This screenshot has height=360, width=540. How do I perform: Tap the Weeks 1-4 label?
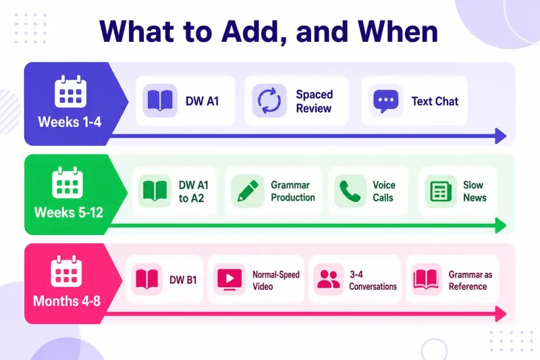click(x=70, y=122)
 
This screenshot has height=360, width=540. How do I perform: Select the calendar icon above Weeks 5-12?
click(x=67, y=182)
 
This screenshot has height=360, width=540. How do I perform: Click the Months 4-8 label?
click(x=67, y=301)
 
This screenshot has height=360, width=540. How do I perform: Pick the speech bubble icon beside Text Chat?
click(x=385, y=101)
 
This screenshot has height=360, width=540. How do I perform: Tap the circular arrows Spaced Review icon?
click(x=269, y=101)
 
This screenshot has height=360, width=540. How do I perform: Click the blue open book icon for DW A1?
click(x=160, y=100)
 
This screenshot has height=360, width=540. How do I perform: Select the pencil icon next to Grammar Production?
click(x=248, y=191)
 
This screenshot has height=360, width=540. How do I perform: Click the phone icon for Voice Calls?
click(x=350, y=191)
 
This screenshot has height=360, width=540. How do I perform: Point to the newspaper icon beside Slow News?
click(x=441, y=191)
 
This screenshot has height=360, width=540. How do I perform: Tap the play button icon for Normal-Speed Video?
click(x=230, y=279)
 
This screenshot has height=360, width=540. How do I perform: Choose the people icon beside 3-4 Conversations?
click(x=329, y=279)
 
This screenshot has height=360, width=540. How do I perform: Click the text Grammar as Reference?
click(x=470, y=280)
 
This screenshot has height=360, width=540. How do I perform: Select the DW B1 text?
click(x=183, y=280)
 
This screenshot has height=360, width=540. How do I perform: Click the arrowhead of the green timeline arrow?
click(x=500, y=226)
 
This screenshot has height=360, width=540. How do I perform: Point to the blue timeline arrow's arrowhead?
click(x=500, y=136)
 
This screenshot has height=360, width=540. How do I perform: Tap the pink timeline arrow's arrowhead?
click(x=500, y=314)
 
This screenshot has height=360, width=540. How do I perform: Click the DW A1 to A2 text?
click(x=194, y=192)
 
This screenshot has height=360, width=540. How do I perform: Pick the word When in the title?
click(x=398, y=32)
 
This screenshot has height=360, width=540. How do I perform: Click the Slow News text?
click(x=475, y=191)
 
